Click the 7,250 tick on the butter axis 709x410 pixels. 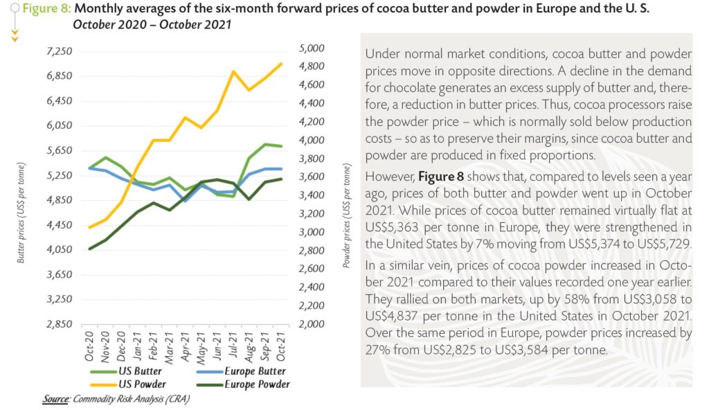coord(58,52)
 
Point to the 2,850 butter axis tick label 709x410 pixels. coord(58,324)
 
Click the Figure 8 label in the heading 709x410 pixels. coord(46,9)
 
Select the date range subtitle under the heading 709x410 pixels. coord(152,24)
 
